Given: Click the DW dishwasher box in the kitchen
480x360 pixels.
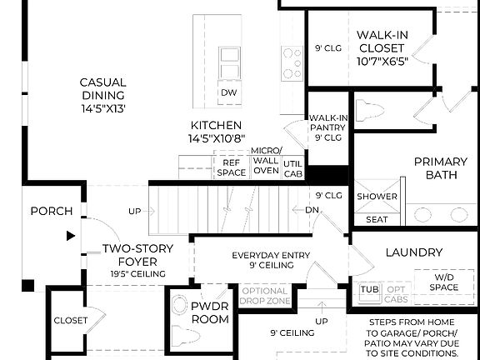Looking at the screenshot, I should (228, 92).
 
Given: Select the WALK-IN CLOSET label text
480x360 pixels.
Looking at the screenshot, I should (382, 47).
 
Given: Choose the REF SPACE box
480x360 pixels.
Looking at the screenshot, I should (232, 167).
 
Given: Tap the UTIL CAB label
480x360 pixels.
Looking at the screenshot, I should (293, 167).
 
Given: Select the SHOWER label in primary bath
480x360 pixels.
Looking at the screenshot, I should (377, 197).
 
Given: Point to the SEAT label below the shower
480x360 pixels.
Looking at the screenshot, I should (377, 219).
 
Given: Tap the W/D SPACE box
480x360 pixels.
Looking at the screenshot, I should (444, 282).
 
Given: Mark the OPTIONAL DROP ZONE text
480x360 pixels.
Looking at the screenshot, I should (264, 296).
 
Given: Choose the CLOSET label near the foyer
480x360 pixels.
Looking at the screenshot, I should (70, 320).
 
